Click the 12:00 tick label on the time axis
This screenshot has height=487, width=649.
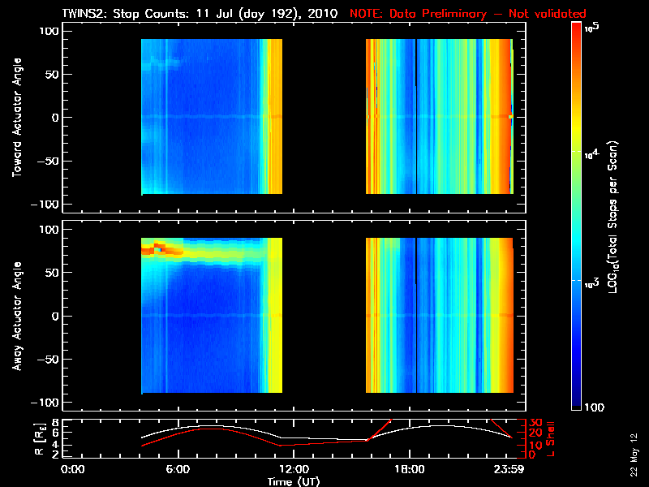[293, 470]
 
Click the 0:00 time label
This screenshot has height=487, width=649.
[73, 470]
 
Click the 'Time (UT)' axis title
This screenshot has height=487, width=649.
[293, 481]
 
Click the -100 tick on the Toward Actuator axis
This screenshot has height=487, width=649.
[48, 203]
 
